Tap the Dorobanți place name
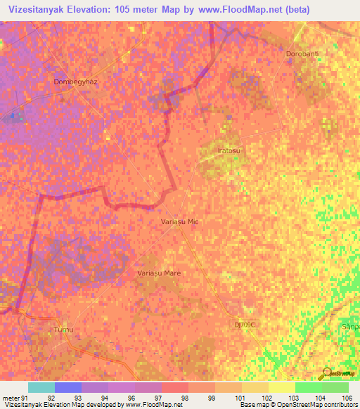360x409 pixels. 303,54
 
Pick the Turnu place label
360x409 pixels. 63,329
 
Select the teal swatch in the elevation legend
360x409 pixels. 41,387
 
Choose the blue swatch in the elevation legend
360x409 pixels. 68,387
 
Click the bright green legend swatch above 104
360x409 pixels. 308,387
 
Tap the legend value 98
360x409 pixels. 184,397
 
